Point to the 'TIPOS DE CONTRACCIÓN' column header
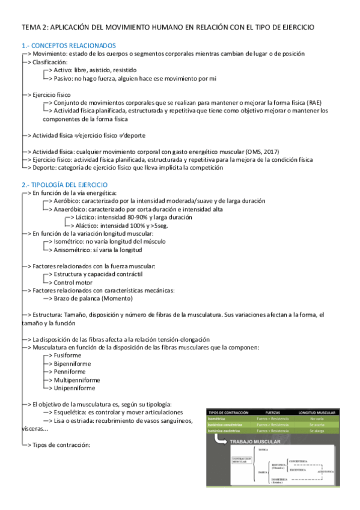(x=228, y=412)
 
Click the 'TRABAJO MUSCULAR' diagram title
(x=257, y=442)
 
